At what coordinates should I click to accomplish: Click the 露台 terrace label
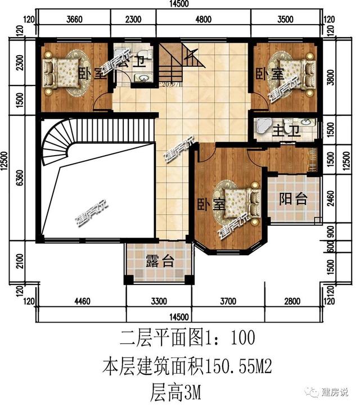[x=160, y=261]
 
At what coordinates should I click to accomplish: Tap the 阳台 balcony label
[x=293, y=199]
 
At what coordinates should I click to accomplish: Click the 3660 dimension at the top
[x=74, y=19]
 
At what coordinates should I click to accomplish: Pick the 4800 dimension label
[x=203, y=19]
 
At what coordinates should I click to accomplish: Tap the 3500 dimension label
[x=286, y=19]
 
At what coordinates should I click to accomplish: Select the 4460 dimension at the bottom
[x=82, y=302]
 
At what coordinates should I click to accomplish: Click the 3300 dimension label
[x=159, y=302]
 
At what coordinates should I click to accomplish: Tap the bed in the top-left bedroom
[x=66, y=72]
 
